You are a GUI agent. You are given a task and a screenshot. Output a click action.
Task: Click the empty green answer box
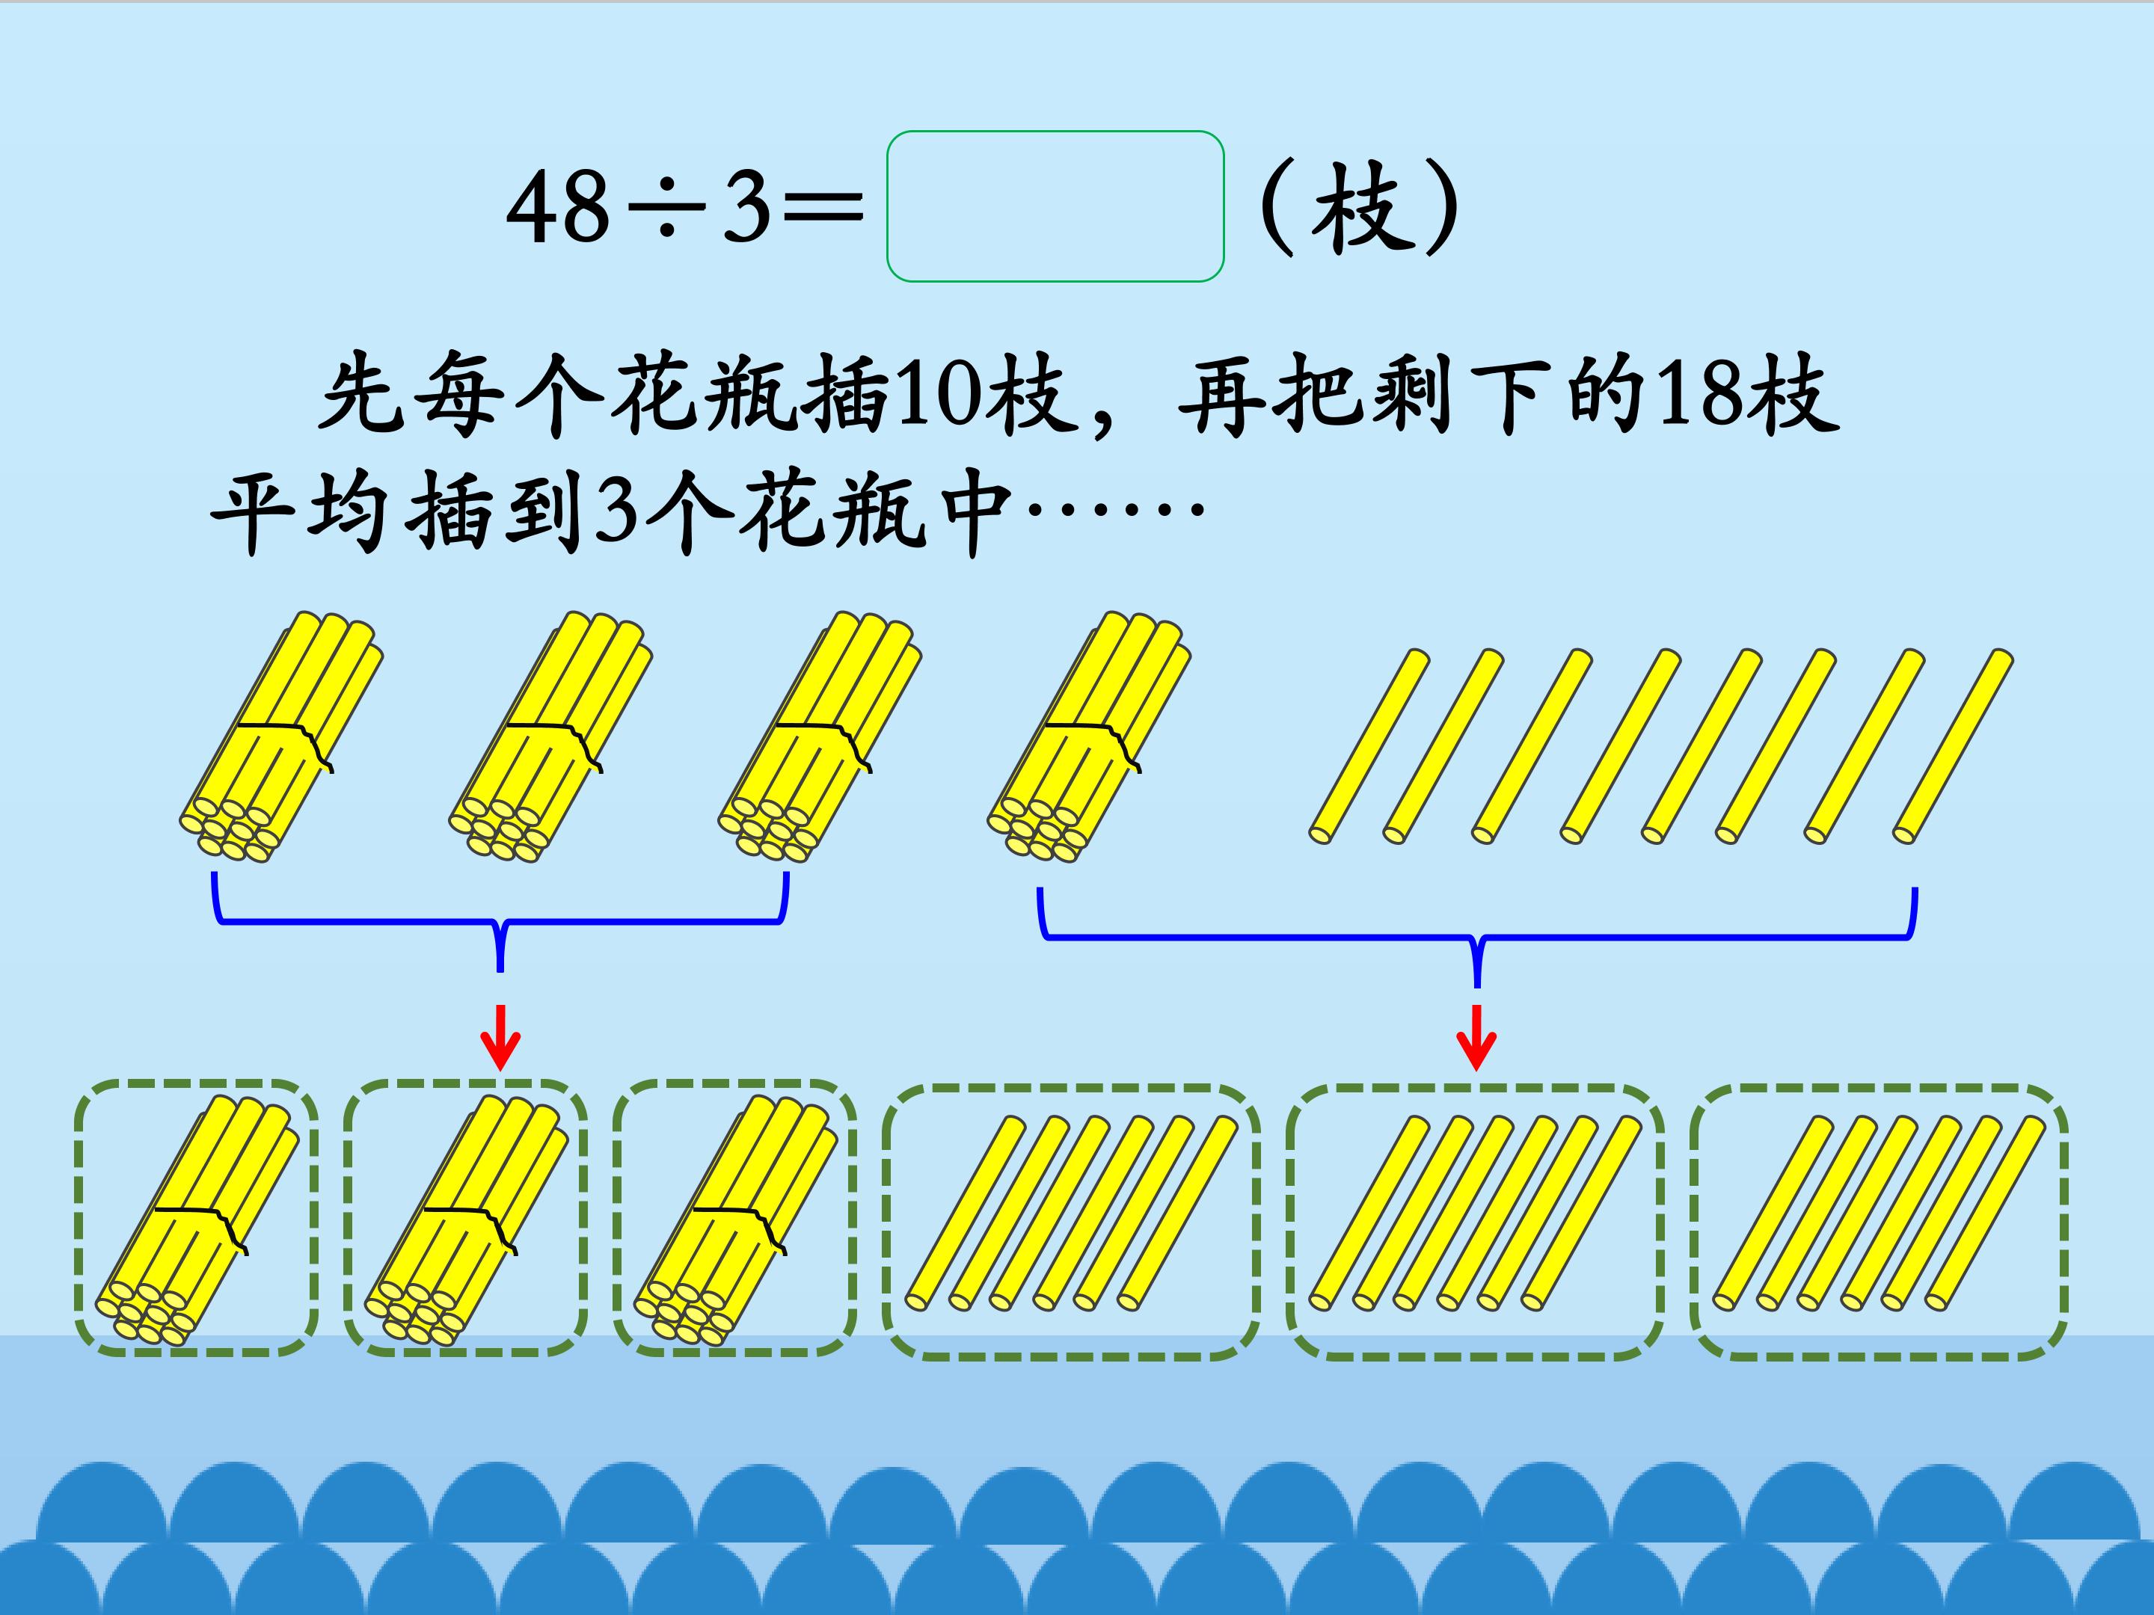point(1055,206)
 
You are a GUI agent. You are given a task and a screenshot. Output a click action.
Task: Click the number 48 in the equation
point(558,207)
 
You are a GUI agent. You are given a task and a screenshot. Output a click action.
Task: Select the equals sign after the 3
point(823,207)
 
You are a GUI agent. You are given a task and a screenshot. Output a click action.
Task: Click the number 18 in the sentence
point(1702,394)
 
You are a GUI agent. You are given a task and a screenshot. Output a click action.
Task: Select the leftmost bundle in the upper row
point(280,738)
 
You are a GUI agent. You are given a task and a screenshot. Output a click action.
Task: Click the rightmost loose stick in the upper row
point(1954,745)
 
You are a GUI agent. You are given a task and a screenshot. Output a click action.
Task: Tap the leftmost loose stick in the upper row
point(1369,745)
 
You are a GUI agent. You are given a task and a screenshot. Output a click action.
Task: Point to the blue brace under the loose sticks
point(1477,937)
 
